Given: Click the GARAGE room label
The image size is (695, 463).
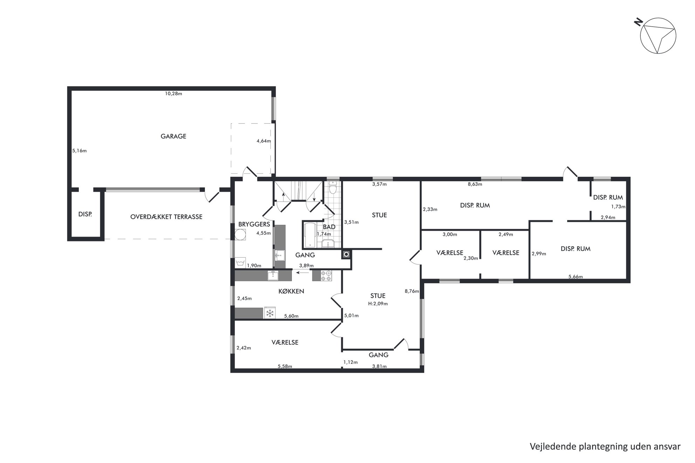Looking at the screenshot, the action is coord(173,136).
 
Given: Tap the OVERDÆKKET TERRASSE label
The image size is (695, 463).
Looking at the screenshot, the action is coord(166,217).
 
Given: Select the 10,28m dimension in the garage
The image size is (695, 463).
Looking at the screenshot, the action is coord(174,93).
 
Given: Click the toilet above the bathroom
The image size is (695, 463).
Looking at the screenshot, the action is coord(333,187).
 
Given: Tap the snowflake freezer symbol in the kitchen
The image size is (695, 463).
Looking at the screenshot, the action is coord(270,313).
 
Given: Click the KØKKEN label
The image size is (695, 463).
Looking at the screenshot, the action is coord(291,291).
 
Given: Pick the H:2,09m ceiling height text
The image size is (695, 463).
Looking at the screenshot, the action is coord(378,304).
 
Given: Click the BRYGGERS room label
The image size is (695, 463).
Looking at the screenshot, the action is coord(254,224).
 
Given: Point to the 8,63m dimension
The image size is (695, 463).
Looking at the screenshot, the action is coord(475,184).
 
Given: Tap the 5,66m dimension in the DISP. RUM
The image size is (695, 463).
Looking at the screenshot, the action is coord(576,276).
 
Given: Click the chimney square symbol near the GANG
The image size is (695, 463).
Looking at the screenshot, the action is coord(346,254).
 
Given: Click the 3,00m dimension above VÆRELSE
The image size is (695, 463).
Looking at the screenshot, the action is coord(450,234).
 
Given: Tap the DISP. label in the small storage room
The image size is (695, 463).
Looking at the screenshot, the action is coord(85,214).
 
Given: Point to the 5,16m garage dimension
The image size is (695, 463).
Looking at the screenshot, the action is coord(79,151).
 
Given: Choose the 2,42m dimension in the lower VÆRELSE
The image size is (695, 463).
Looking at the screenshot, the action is coord(244,348).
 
